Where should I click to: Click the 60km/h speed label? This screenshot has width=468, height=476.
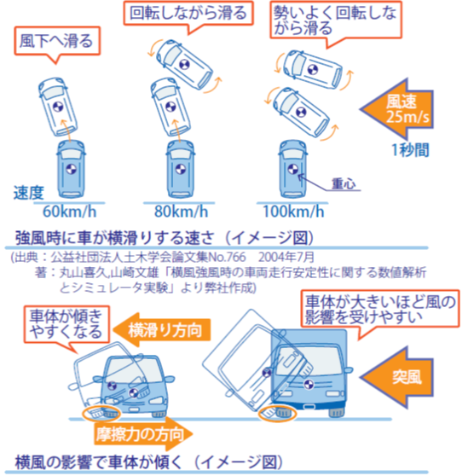(69, 212)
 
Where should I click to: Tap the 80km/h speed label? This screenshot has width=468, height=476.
(181, 212)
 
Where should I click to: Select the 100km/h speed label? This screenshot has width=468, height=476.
(293, 212)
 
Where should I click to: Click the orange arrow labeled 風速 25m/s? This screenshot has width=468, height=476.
(397, 108)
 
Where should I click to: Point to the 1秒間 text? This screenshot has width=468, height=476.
(411, 149)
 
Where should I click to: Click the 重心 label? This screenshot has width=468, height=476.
(344, 183)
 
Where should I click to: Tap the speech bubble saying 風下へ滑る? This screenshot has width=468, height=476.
(57, 41)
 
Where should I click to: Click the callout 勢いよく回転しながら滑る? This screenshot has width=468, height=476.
(336, 20)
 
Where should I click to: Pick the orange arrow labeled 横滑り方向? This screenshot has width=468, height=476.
(162, 330)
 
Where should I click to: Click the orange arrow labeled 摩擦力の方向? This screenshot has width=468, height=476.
(143, 434)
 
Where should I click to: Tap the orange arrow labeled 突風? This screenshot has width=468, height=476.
(397, 378)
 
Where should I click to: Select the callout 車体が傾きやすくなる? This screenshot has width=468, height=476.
(66, 324)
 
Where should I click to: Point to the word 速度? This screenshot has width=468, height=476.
(29, 193)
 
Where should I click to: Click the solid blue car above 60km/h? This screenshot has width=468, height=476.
(71, 169)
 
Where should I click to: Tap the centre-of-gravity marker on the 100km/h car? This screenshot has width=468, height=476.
(293, 169)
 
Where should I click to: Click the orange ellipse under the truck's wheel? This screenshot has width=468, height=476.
(277, 414)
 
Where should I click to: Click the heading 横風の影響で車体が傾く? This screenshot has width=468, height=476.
(98, 462)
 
